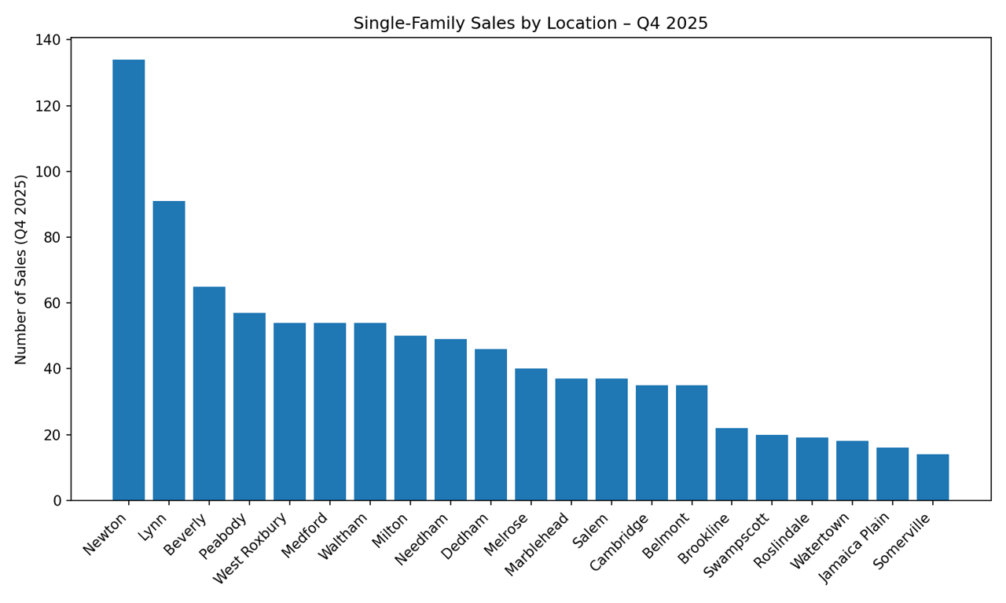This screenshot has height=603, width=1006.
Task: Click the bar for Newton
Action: click(x=128, y=280)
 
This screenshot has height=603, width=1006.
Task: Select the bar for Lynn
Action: click(x=169, y=351)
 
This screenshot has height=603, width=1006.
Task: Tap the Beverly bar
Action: click(x=209, y=393)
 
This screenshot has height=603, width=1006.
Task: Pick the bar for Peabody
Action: click(x=249, y=407)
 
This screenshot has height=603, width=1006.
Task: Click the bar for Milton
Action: click(x=410, y=418)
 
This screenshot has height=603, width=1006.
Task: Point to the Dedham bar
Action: click(x=490, y=425)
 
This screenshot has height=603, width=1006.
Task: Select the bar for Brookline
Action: click(x=732, y=464)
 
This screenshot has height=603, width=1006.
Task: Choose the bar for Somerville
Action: click(x=933, y=477)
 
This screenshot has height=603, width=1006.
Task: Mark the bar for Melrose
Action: click(x=531, y=434)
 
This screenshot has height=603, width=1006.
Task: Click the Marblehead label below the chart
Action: click(x=538, y=545)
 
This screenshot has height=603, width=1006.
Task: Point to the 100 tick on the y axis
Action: click(x=49, y=172)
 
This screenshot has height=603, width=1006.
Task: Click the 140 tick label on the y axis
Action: click(x=49, y=40)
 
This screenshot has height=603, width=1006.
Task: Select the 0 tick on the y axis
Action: click(x=57, y=501)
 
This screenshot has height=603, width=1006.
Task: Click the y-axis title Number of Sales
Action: click(x=21, y=269)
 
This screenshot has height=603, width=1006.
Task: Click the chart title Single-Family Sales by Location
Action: click(x=531, y=24)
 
